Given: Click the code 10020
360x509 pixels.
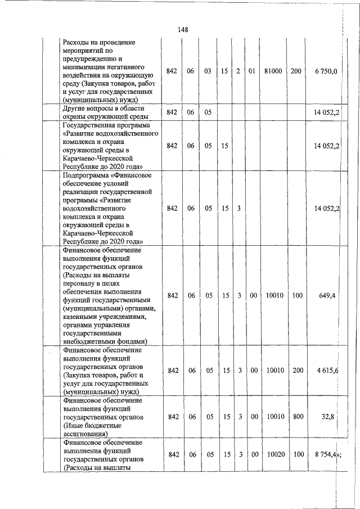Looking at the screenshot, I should (x=273, y=454).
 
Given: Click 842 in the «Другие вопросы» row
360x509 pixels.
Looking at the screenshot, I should (x=173, y=112).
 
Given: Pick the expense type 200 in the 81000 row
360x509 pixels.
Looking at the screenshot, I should (x=296, y=71).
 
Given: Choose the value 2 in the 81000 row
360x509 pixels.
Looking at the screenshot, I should (x=238, y=71).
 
